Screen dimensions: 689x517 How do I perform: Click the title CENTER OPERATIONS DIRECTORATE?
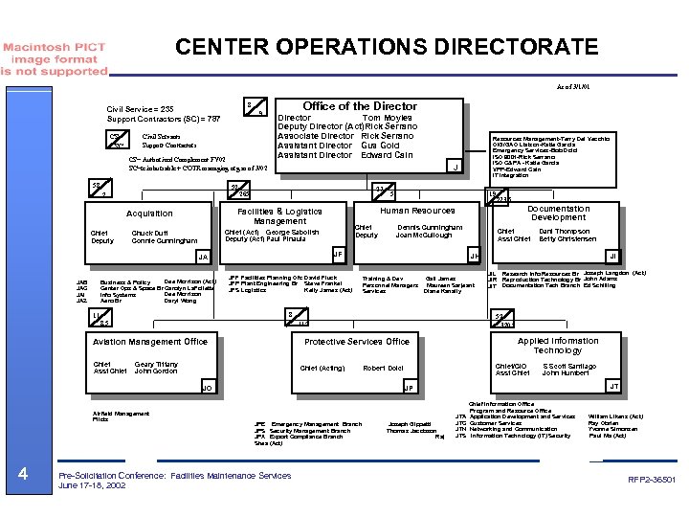[387, 47]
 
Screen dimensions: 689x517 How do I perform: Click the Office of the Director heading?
[360, 106]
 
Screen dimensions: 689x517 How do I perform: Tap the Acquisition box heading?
[150, 214]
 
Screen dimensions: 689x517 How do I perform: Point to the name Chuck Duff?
[148, 233]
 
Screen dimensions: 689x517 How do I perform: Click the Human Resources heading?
[417, 211]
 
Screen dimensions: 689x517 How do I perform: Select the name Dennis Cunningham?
[430, 227]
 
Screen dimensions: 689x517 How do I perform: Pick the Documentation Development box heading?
[559, 213]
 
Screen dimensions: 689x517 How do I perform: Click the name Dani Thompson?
[565, 231]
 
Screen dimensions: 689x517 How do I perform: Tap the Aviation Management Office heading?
[150, 341]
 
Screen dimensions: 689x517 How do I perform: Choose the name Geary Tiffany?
[156, 364]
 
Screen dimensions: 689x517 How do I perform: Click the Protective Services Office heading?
[357, 342]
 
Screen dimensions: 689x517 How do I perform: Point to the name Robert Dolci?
[383, 368]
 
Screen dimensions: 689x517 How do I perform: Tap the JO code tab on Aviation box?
[207, 387]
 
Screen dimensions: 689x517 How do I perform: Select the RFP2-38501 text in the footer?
[653, 478]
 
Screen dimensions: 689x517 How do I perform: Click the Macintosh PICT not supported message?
[54, 57]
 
